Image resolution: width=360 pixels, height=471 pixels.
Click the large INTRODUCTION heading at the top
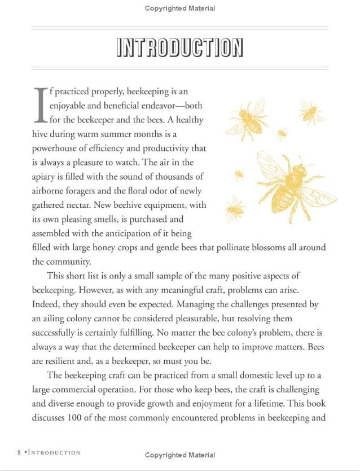179,48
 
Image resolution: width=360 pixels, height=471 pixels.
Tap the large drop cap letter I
39,105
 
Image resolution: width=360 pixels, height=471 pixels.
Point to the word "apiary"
46,177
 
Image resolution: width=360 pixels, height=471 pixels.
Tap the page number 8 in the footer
19,452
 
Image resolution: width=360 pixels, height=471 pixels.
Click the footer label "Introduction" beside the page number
54,452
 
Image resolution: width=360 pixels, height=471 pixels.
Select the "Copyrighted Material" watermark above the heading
180,8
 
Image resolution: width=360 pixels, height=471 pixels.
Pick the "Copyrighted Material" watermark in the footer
180,455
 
